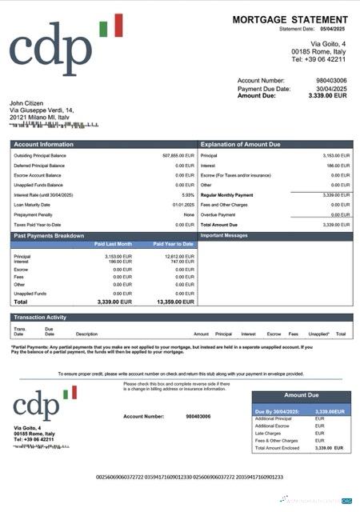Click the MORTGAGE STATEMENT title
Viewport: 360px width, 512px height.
[292, 19]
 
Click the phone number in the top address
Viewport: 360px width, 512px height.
[318, 59]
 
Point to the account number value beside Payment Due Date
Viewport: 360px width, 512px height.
[331, 80]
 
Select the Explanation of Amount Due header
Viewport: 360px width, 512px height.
[240, 144]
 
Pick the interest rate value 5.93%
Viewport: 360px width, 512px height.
[188, 194]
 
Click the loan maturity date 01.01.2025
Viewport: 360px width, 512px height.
[183, 205]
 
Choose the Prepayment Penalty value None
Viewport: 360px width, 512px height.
[189, 214]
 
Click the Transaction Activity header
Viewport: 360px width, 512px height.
[40, 318]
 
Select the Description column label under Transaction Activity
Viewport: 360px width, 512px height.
[86, 334]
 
